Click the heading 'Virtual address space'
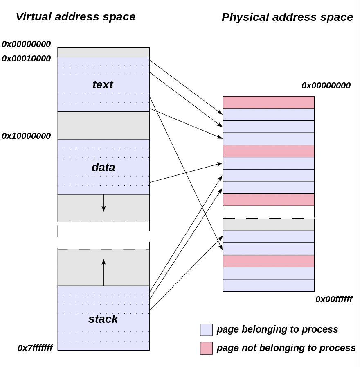[x=75, y=17]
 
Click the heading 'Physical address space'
[x=287, y=17]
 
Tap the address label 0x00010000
[x=26, y=59]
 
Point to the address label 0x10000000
[x=26, y=136]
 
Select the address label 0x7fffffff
[x=35, y=348]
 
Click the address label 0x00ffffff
[x=333, y=299]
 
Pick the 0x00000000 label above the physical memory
[x=326, y=86]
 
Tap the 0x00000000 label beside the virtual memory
[x=26, y=44]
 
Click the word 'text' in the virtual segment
[x=103, y=84]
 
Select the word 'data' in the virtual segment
[x=103, y=168]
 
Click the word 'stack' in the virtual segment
[x=103, y=319]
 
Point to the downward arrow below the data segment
[x=103, y=203]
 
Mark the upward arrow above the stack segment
[x=103, y=272]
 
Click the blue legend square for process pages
[x=206, y=330]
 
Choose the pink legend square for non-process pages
[x=206, y=348]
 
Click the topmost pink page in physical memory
[x=268, y=102]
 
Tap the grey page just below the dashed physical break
[x=268, y=225]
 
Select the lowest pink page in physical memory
[x=268, y=261]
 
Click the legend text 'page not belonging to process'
[x=286, y=348]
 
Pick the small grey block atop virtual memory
[x=103, y=52]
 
